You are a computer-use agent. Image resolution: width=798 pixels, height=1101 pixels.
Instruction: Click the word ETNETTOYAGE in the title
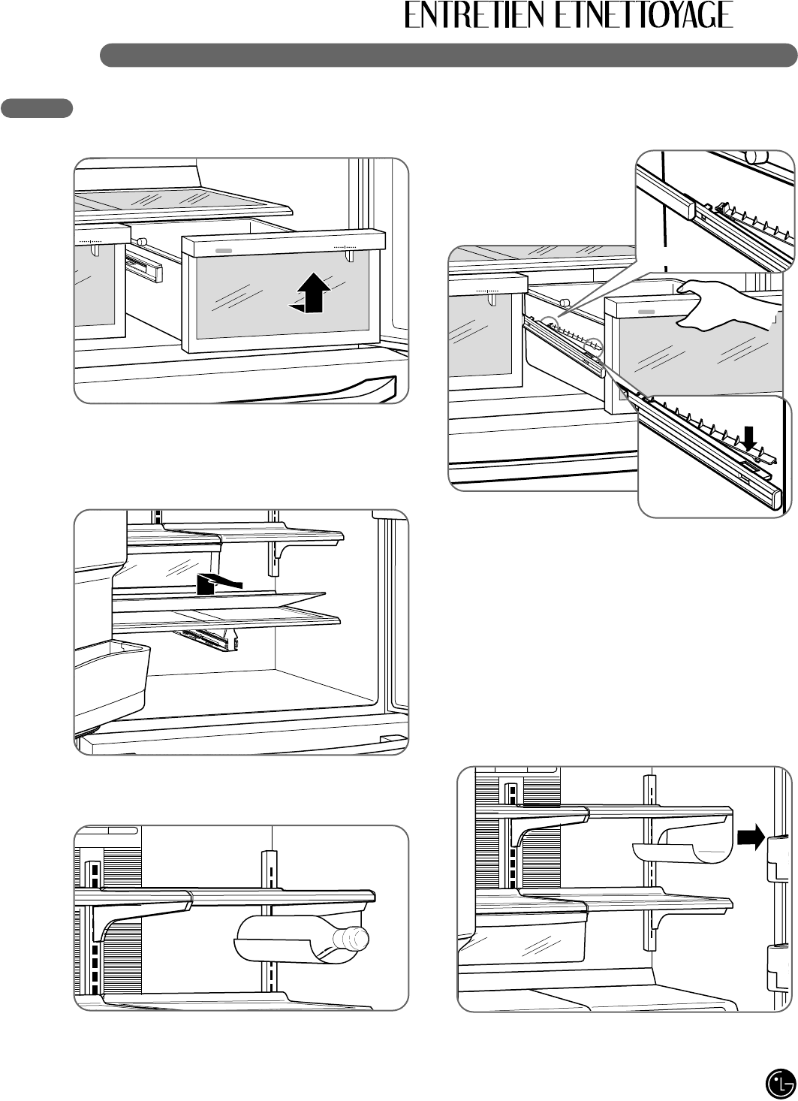(644, 16)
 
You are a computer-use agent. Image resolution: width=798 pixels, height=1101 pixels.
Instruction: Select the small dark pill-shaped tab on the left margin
(37, 108)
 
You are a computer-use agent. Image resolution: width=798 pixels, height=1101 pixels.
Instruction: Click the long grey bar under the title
(448, 55)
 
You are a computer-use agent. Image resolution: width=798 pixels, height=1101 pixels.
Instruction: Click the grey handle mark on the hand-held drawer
(646, 310)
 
